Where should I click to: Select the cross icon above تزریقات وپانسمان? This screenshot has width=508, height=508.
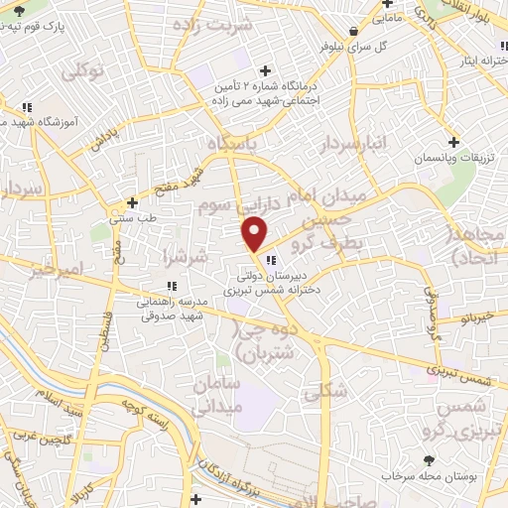(454, 141)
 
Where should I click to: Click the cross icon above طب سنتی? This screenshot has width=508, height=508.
(132, 202)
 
